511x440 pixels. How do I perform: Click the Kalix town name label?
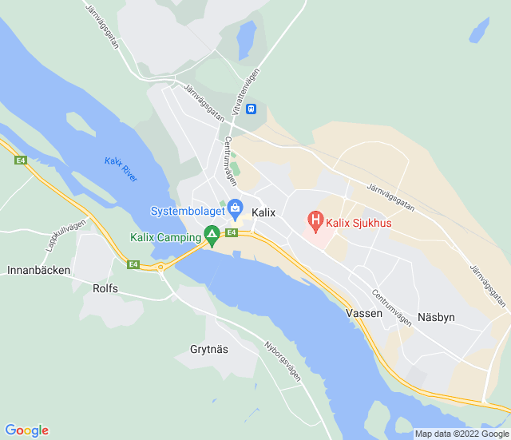coord(263,213)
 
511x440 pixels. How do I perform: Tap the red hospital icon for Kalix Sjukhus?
coord(315,219)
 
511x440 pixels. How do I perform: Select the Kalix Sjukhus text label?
coord(358,224)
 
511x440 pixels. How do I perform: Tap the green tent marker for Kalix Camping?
coord(212,236)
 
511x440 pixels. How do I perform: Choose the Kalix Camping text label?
coord(166,238)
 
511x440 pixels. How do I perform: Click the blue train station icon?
coord(251,109)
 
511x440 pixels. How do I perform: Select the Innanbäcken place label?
coord(38,270)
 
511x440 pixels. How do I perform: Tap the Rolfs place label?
coord(105,288)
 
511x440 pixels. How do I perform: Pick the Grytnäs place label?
coord(209,349)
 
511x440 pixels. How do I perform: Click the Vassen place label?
coord(364,314)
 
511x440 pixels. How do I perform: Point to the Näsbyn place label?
coord(435,317)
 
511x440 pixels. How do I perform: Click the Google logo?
coord(26,430)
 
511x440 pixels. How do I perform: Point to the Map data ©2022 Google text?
coord(461,434)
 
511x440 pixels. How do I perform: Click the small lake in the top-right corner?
coord(480,30)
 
